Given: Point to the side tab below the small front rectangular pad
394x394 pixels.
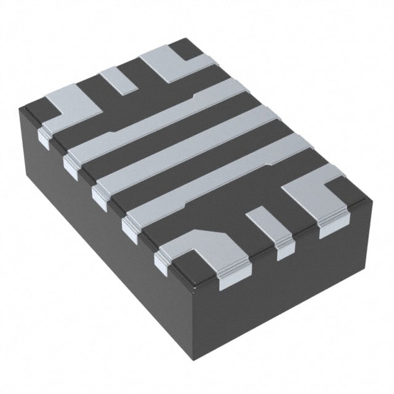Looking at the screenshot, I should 285,249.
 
